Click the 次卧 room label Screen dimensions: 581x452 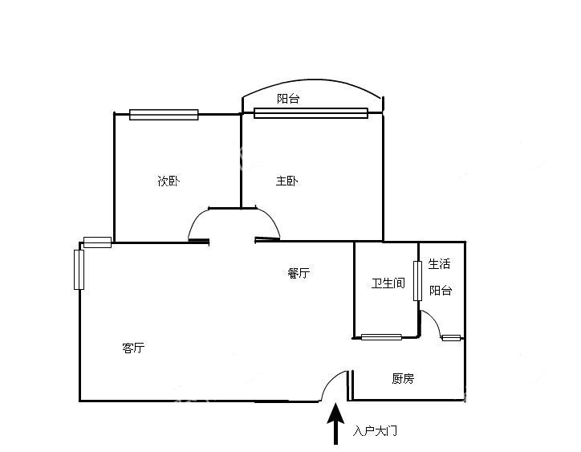click(x=169, y=181)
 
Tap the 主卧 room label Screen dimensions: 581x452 click(x=286, y=181)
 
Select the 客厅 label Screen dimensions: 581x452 click(x=133, y=348)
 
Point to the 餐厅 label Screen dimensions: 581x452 click(x=299, y=273)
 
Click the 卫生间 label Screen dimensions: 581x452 click(x=388, y=283)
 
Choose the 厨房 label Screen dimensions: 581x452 click(x=403, y=379)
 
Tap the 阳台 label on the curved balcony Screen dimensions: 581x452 click(x=288, y=99)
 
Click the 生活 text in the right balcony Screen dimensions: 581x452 click(x=439, y=264)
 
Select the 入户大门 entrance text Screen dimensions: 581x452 click(x=375, y=431)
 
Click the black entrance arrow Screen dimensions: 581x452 click(x=335, y=424)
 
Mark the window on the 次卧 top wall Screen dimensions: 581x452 click(x=164, y=115)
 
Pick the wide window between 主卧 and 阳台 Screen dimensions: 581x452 click(x=311, y=113)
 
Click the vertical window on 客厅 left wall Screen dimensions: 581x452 click(x=79, y=270)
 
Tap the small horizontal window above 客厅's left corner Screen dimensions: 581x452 click(x=97, y=242)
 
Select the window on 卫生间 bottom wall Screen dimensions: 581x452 click(x=381, y=337)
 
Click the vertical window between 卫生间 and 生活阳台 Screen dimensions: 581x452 click(x=417, y=281)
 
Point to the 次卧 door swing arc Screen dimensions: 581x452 click(x=196, y=221)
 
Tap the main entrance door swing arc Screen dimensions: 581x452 click(x=331, y=381)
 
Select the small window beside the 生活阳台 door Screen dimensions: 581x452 click(x=451, y=338)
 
